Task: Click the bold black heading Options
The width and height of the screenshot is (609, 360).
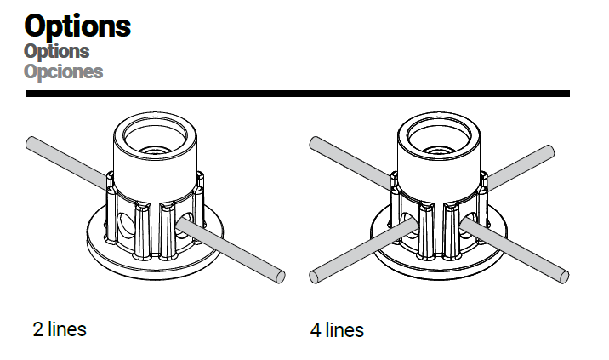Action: pyautogui.click(x=77, y=26)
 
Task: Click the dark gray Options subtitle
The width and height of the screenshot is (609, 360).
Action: pyautogui.click(x=57, y=51)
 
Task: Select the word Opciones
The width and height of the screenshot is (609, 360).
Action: pyautogui.click(x=63, y=71)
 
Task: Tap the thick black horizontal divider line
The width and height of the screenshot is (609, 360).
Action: pyautogui.click(x=298, y=94)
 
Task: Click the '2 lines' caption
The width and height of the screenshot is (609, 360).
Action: pyautogui.click(x=60, y=329)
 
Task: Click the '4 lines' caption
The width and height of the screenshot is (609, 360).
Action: pyautogui.click(x=337, y=330)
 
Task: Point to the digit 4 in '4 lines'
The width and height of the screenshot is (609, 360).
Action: pyautogui.click(x=316, y=330)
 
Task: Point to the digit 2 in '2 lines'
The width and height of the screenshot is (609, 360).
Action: pyautogui.click(x=38, y=329)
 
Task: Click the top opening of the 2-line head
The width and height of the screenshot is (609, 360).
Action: pyautogui.click(x=155, y=138)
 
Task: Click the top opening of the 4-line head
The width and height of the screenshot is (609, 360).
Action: pyautogui.click(x=439, y=138)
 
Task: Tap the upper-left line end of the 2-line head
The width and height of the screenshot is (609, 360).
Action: pyautogui.click(x=31, y=143)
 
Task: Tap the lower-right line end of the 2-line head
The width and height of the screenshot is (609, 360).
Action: pyautogui.click(x=280, y=277)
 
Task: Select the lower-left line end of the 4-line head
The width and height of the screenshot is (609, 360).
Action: pyautogui.click(x=314, y=277)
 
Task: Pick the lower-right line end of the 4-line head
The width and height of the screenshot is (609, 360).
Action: pyautogui.click(x=564, y=277)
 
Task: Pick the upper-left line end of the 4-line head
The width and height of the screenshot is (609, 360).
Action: pyautogui.click(x=315, y=143)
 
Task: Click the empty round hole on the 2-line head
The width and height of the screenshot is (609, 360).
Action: pyautogui.click(x=125, y=225)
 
